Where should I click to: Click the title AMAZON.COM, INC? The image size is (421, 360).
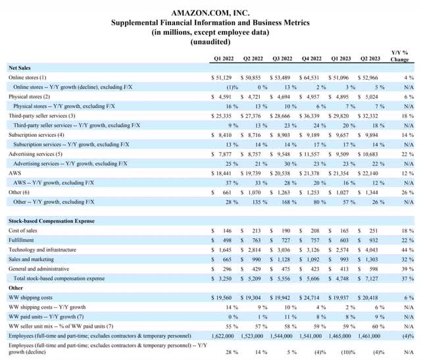point(210,13)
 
